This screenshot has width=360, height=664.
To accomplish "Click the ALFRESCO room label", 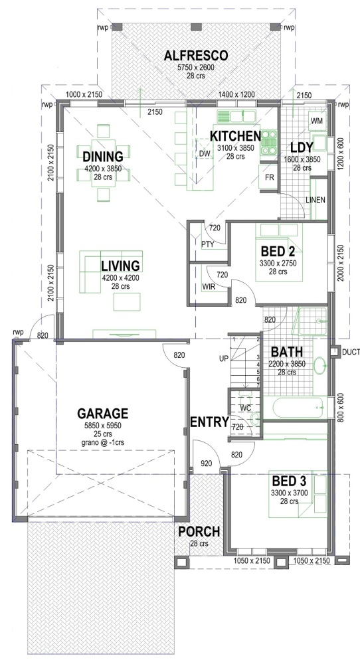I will click(196, 55).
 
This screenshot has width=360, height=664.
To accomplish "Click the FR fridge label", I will click(269, 179).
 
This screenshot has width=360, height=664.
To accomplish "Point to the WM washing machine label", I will click(316, 121).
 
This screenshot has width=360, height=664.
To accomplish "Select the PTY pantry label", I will click(207, 244).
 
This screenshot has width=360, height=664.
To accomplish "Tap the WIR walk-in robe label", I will click(208, 287).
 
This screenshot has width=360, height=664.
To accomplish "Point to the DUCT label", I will click(350, 352).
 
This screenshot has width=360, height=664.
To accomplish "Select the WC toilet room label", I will click(244, 407).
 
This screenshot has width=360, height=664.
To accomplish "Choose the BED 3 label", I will click(288, 480).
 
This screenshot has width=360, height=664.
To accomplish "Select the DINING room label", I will click(103, 157).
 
